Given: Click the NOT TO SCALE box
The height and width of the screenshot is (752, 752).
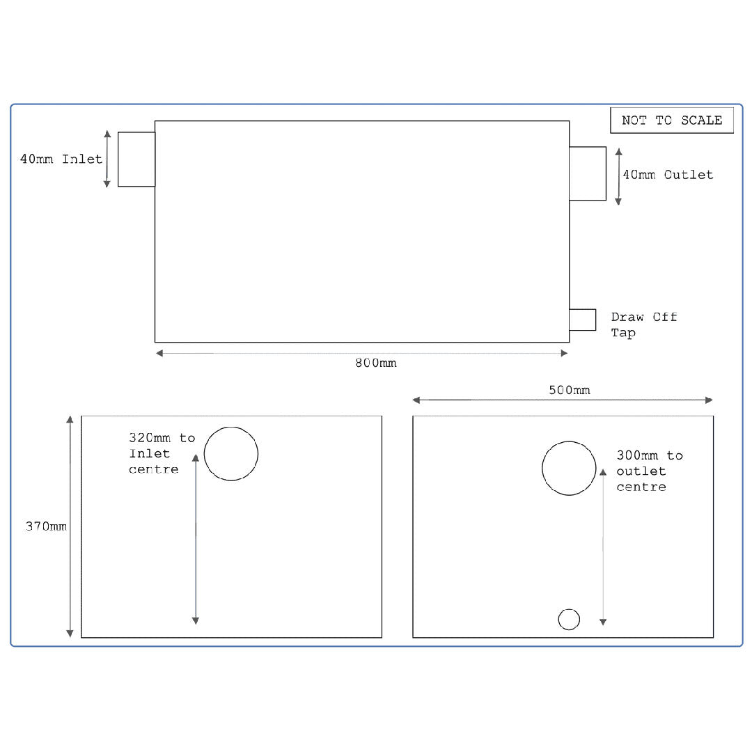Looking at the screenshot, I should point(672,120).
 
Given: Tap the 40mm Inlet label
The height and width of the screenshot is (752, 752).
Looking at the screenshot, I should point(61,159).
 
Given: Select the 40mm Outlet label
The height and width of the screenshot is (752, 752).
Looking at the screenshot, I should point(668,175).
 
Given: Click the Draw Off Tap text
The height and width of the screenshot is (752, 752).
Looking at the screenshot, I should point(643,324).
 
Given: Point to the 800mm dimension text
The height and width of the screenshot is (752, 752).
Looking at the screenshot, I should point(375,363).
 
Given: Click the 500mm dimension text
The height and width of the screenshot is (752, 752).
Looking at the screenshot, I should point(569,390).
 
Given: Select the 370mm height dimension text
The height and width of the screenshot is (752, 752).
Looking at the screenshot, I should point(47,526).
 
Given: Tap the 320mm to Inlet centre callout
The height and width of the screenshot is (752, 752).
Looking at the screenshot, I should point(162,453).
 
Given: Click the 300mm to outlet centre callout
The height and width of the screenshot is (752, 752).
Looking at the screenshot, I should point(649,471).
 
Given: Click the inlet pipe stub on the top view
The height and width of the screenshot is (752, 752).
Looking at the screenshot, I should point(136,159).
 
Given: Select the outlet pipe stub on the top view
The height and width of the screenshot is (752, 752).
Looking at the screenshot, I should point(588,173).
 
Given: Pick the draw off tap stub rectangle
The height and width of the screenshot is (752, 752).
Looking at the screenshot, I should point(582,320).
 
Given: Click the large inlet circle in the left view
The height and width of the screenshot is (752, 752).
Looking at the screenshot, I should point(231,454).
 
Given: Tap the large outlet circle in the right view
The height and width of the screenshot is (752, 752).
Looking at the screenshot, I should point(569,468).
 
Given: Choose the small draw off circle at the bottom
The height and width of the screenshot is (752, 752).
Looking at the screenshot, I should point(569,619).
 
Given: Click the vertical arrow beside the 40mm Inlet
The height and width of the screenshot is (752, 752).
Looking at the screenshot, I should point(107,159).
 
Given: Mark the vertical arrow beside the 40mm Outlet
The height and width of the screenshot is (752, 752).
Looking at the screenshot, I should point(618,175).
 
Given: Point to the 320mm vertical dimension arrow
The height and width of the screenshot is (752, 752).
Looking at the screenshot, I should point(196,539).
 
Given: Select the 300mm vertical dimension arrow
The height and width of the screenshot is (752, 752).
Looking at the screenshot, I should point(603,547).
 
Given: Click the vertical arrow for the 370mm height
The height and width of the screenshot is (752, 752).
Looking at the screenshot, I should point(70,526).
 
